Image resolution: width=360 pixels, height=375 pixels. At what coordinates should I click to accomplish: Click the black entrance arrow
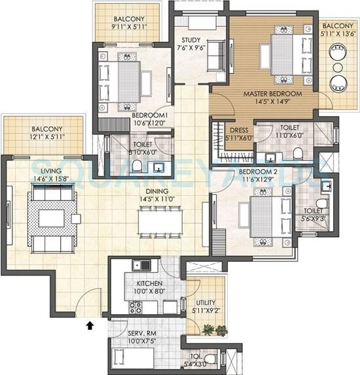pyautogui.click(x=90, y=323)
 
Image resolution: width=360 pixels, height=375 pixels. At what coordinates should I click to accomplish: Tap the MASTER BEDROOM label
pyautogui.click(x=272, y=94)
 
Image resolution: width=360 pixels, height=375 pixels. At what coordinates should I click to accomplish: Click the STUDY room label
pyautogui.click(x=191, y=40)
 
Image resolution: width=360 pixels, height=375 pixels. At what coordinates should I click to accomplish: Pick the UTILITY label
pyautogui.click(x=206, y=302)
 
